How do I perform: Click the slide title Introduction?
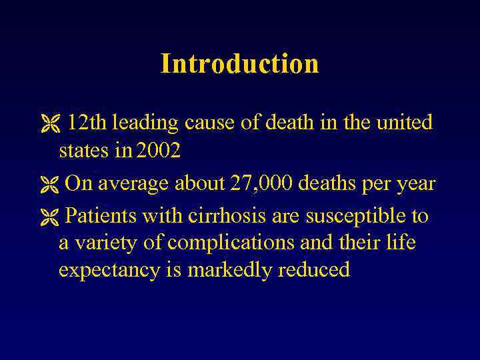pos(239,64)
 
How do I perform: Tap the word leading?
pos(145,123)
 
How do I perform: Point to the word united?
pos(405,123)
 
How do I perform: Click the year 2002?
pos(157,151)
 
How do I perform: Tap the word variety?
pos(105,243)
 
